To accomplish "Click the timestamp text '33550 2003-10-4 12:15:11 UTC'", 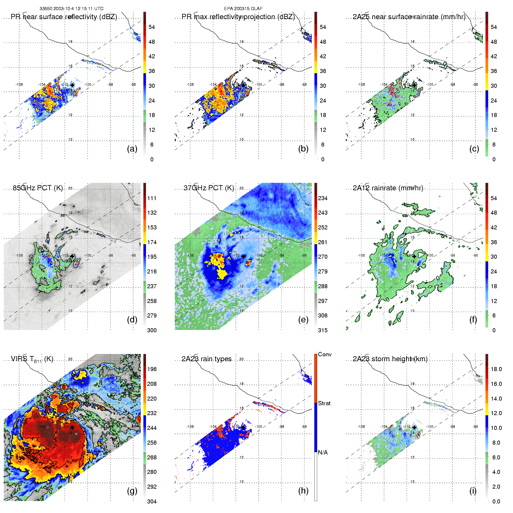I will point(71,9).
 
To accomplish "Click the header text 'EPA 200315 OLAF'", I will point(243,9).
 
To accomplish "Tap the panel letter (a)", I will point(132,149).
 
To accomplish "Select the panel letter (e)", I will point(303,320).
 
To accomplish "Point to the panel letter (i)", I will point(473,491).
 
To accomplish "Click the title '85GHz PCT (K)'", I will point(38,188).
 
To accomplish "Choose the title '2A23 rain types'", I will point(207,359).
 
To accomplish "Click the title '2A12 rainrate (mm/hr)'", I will point(388,188).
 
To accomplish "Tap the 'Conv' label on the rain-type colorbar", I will point(325,354).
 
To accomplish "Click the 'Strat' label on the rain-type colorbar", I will point(324,403).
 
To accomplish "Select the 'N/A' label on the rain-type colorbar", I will point(323,452).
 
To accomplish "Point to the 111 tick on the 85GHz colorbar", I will point(152,198).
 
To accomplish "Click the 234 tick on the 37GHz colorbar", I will point(323,198).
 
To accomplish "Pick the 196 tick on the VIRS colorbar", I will point(152,369).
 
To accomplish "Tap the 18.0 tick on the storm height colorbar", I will point(496,369).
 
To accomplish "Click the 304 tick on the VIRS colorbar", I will point(152,501).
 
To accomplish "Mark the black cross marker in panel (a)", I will point(72,85).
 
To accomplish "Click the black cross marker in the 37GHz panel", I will point(243,256).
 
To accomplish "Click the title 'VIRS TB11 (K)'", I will point(32,359).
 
